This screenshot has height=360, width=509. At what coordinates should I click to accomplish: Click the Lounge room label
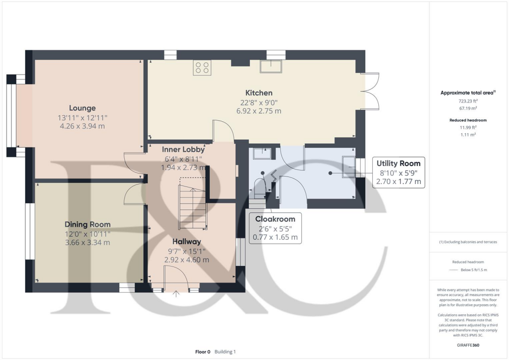[x=82, y=108]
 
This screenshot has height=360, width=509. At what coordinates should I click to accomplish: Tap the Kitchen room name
[x=258, y=92]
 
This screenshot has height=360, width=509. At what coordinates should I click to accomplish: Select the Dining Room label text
[x=87, y=224]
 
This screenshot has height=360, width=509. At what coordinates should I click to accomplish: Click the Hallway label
[x=186, y=241]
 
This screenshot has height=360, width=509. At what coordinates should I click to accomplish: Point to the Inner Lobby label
[x=183, y=149]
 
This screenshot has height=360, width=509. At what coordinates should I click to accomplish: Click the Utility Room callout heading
[x=398, y=163]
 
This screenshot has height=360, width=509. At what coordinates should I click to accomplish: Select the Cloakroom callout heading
[x=275, y=219]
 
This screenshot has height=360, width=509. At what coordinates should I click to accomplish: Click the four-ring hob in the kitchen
[x=202, y=67]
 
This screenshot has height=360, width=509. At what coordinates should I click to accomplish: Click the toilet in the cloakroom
[x=260, y=188]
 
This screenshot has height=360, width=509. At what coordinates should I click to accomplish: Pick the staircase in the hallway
[x=193, y=206]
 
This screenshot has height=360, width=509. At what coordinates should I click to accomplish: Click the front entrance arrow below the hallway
[x=175, y=294]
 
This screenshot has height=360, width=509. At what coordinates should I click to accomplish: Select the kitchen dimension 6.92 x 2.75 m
[x=258, y=111]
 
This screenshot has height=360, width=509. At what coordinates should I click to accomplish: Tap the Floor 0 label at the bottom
[x=203, y=352]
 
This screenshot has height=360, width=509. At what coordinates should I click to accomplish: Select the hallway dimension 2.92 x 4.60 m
[x=186, y=260]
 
